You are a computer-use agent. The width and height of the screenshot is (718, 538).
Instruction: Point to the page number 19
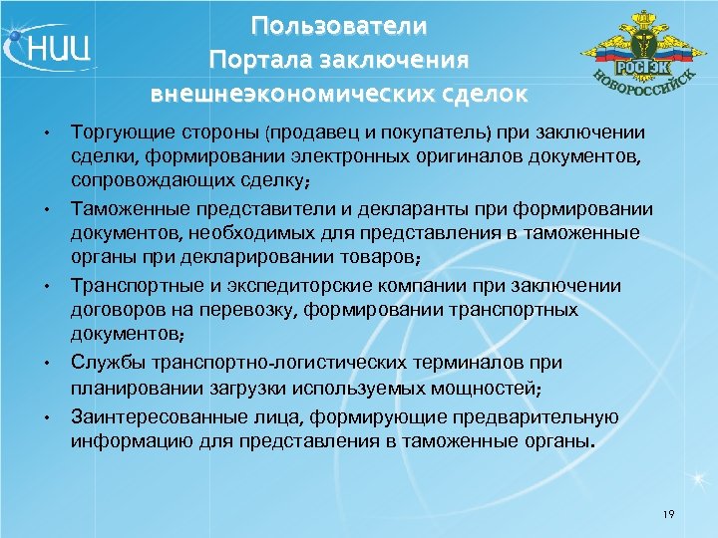(x=667, y=514)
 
